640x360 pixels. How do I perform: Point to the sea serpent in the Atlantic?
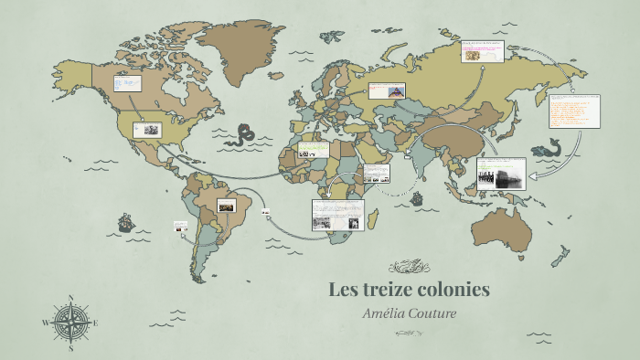(x=243, y=135)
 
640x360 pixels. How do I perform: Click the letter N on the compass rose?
(x=70, y=298)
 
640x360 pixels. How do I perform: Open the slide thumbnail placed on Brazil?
(x=225, y=206)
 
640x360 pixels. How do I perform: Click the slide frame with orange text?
(x=573, y=111)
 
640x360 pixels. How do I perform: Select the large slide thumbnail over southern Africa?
(x=337, y=215)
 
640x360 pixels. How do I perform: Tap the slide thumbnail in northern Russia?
(x=482, y=51)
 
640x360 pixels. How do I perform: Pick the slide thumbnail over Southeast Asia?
(x=500, y=173)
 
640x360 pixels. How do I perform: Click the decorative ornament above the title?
(x=410, y=267)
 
